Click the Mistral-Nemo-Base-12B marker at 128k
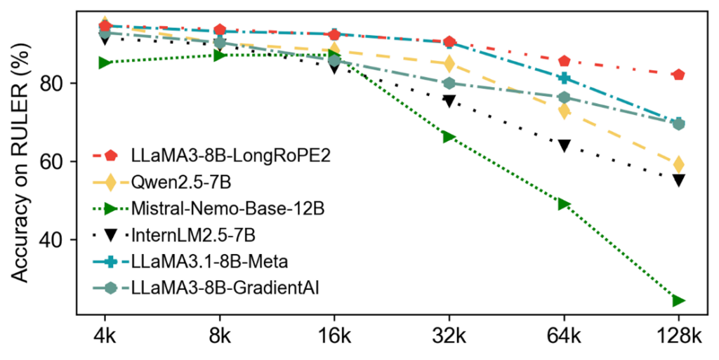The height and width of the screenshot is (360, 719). coord(678,301)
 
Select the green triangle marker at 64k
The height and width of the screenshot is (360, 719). coord(564,204)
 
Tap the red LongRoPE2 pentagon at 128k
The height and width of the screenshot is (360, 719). coord(678,75)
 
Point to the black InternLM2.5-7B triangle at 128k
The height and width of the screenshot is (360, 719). coord(678,180)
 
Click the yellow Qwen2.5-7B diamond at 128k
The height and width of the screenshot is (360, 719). coord(678,164)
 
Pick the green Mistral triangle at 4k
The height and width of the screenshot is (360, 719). coord(105,63)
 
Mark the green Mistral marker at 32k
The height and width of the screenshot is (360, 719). coord(449,137)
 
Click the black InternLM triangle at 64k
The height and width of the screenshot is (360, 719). coord(564,146)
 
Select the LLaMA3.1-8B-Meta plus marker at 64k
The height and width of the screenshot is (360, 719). coord(564,79)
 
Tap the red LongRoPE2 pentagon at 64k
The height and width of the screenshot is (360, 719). coord(564,62)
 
